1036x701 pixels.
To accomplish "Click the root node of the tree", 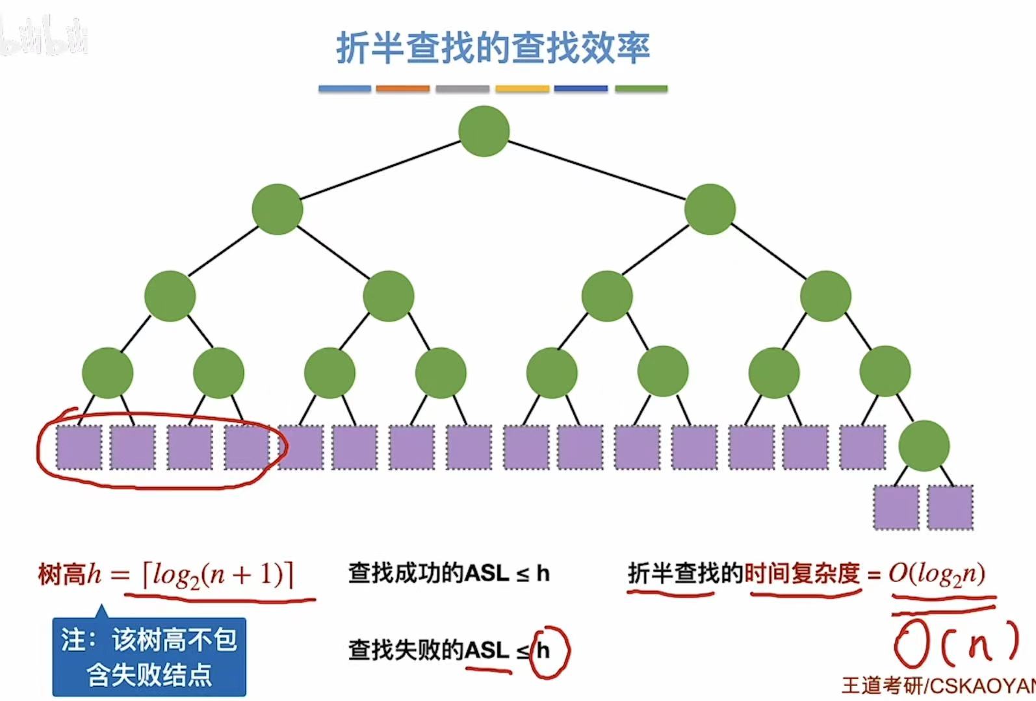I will (x=484, y=131).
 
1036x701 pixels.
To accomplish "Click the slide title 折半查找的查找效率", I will (x=493, y=47).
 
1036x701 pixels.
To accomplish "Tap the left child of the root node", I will (x=278, y=209).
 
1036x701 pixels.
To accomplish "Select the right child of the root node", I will (x=710, y=209).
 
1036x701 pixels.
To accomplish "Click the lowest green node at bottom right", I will (x=924, y=446).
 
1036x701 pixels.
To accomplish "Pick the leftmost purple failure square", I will (x=79, y=448).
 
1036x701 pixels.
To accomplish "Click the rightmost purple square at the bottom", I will (x=950, y=507).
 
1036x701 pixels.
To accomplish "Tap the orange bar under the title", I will (x=402, y=88).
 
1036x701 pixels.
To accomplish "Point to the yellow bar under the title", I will (x=522, y=88).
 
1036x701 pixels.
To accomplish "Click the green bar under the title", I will (x=641, y=88).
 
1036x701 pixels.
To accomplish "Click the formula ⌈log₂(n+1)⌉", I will (x=218, y=575).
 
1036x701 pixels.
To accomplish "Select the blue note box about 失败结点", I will (x=149, y=657).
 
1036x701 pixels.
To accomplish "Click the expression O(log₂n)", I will (x=937, y=574).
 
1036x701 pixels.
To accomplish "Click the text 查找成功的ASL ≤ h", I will (x=448, y=574).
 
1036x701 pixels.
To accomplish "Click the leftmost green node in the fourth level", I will (x=107, y=373).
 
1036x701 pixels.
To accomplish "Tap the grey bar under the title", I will (x=462, y=88).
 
